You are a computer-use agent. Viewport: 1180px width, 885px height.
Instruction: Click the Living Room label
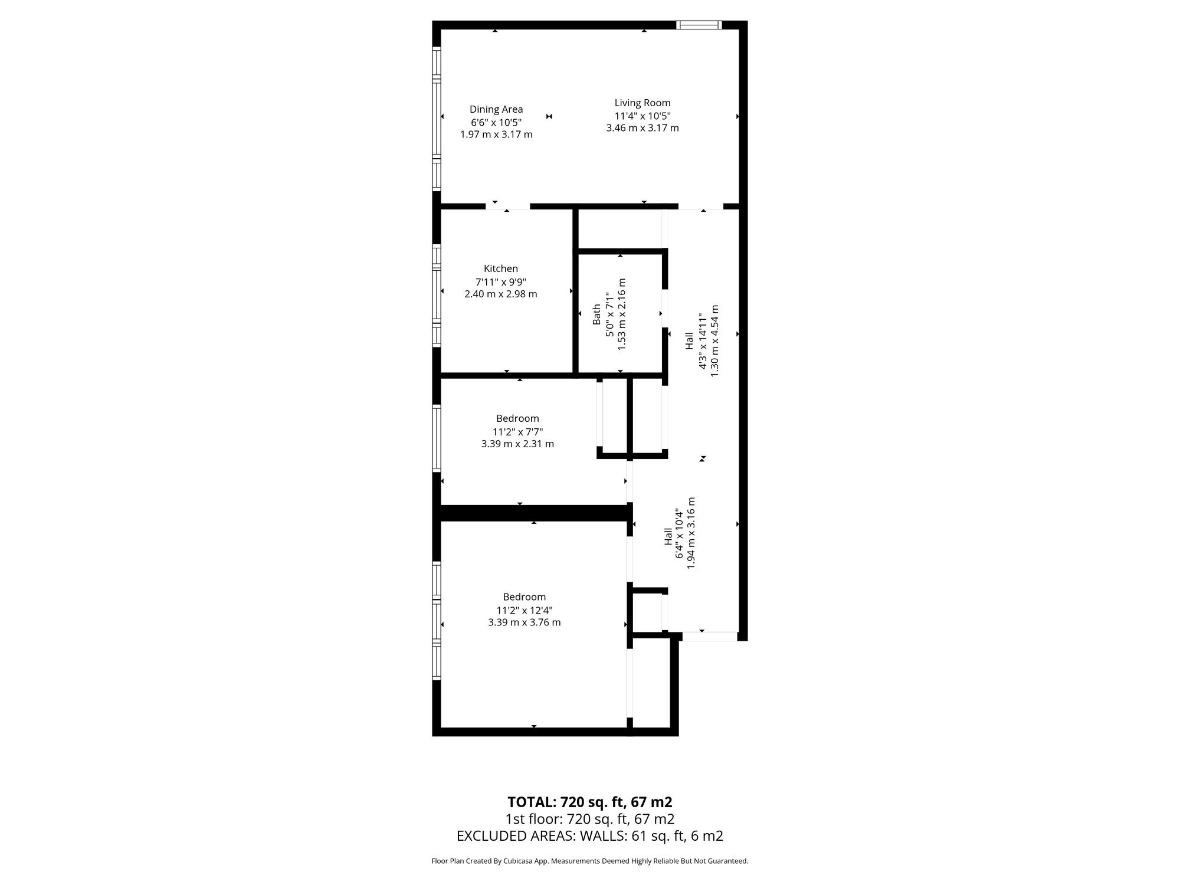point(643,103)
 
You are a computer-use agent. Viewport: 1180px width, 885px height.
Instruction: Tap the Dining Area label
point(496,109)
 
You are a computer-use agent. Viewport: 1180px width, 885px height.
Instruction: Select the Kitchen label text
point(501,268)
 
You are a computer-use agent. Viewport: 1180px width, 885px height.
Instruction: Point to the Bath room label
point(596,314)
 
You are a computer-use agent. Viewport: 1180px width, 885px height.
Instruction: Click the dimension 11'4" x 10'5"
point(643,116)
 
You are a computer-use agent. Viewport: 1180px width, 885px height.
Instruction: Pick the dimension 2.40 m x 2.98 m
point(501,294)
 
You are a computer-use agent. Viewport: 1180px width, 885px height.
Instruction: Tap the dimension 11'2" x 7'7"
point(517,431)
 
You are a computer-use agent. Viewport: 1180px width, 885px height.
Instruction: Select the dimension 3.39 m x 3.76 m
point(525,622)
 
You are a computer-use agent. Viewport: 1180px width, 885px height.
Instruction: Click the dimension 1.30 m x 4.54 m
point(714,341)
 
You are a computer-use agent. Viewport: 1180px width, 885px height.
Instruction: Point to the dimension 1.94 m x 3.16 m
point(691,533)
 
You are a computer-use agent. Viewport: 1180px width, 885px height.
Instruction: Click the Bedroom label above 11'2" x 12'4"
point(525,597)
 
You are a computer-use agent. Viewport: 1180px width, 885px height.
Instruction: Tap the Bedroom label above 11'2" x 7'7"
point(517,418)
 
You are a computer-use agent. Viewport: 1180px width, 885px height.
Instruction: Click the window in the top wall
point(699,25)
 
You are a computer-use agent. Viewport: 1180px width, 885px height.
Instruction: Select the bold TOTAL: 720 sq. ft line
point(590,802)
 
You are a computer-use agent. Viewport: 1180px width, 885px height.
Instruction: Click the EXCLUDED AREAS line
point(590,836)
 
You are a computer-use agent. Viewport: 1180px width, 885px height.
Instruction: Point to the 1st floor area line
point(590,819)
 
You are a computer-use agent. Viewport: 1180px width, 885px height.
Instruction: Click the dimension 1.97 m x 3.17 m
point(496,135)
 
